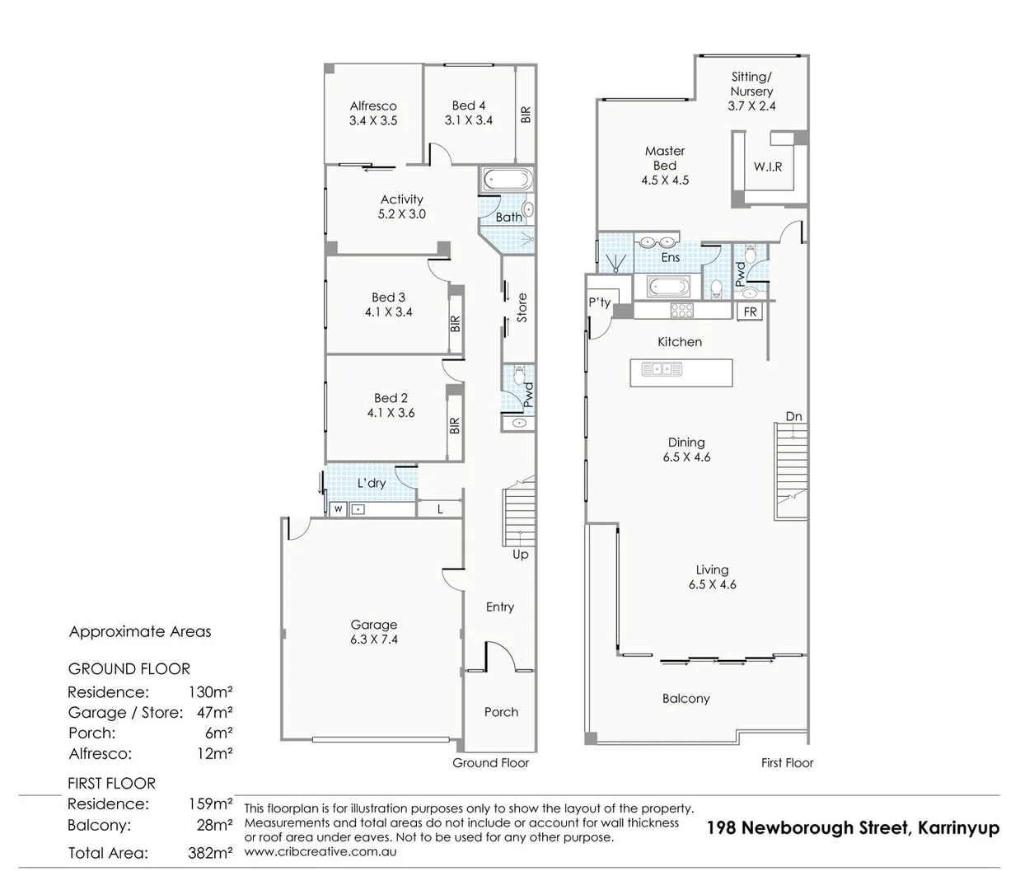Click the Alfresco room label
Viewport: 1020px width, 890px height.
pos(372,106)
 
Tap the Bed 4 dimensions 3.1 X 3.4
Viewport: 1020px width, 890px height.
pos(468,120)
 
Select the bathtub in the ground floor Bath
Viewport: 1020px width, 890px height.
pos(507,180)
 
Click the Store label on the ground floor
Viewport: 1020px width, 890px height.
pos(521,308)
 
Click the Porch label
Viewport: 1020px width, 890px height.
pos(501,712)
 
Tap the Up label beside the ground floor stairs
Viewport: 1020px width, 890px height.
pos(521,555)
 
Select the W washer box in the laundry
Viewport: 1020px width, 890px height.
pos(338,510)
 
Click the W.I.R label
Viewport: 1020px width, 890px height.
pos(768,166)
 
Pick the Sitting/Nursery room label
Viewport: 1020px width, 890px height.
pos(751,84)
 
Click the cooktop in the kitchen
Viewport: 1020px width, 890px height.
pos(681,311)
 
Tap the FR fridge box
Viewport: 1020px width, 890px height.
pos(750,311)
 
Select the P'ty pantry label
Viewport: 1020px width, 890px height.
pos(599,302)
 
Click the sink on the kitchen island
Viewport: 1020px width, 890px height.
pos(661,369)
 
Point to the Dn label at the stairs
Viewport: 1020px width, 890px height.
pos(793,417)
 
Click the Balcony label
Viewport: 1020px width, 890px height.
pos(685,699)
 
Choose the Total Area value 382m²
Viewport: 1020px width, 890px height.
pos(210,854)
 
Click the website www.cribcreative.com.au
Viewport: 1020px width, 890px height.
pos(321,851)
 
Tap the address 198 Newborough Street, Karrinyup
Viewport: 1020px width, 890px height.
pos(853,828)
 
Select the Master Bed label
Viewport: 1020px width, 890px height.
pos(665,158)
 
